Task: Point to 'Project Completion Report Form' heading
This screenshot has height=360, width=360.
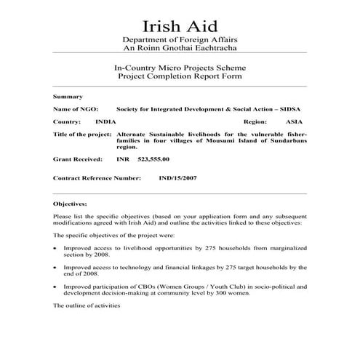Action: coord(180,76)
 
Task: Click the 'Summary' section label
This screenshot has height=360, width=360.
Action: coord(68,96)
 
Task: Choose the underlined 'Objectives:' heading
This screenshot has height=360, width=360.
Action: coord(70,205)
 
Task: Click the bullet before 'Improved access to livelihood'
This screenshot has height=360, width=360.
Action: coord(56,248)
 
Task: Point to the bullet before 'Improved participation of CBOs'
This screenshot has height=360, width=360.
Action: coord(56,287)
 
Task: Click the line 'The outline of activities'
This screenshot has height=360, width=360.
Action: coord(87,306)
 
